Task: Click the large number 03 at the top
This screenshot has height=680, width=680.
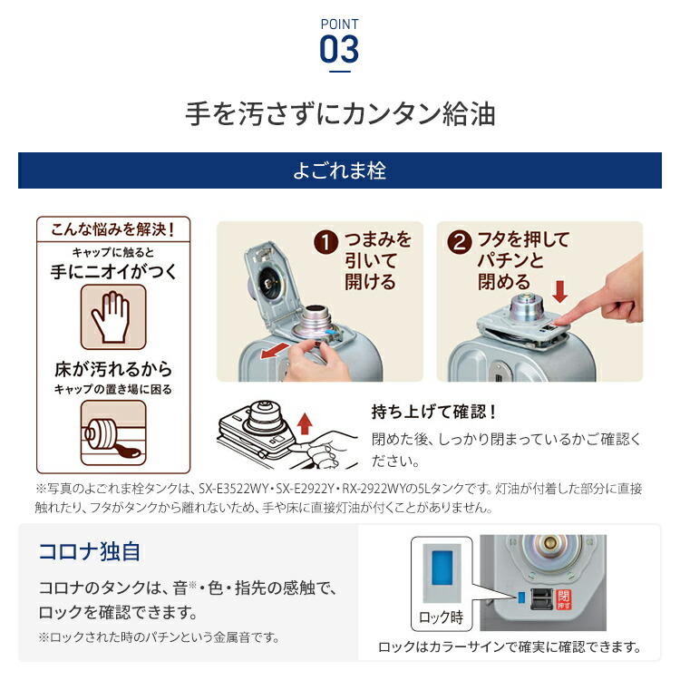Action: point(339,48)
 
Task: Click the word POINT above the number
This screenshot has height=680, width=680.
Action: point(339,24)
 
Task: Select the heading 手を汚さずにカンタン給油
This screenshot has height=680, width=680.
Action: point(339,116)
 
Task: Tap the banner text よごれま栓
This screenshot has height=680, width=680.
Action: point(339,170)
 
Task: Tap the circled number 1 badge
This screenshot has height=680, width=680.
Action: point(325,244)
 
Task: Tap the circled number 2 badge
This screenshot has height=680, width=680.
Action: point(461,243)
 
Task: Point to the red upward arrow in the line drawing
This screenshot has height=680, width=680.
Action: point(305,423)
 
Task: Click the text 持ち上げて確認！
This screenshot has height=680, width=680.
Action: point(434,411)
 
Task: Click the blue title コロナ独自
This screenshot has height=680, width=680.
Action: point(89,551)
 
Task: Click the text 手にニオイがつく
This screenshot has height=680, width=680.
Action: point(113,270)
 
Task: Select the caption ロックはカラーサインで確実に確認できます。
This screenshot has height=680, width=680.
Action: point(509,647)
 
